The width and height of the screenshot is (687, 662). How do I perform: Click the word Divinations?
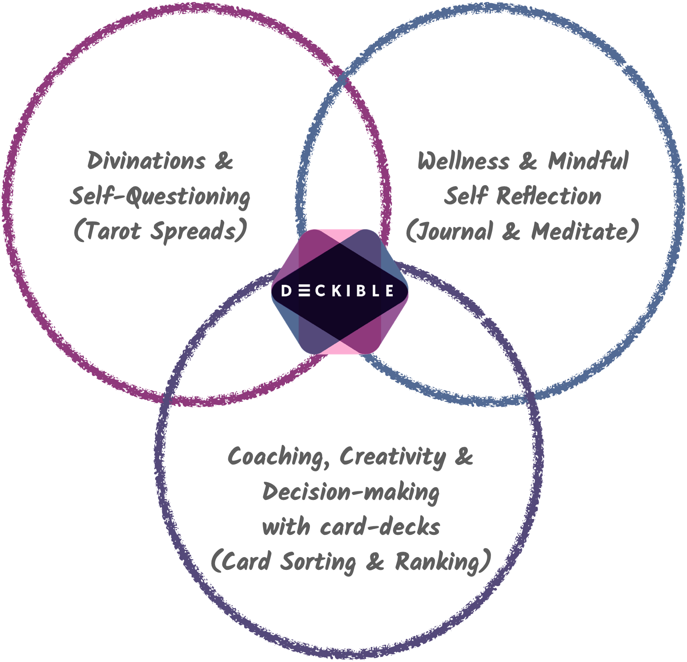[146, 161]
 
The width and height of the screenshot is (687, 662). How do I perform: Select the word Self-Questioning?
[160, 197]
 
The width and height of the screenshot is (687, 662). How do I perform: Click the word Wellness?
[463, 161]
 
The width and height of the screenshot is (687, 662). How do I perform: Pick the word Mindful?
[588, 161]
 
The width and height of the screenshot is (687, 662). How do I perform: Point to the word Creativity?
[393, 456]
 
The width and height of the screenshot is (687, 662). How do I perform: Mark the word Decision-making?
[351, 492]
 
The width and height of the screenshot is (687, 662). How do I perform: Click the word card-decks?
[380, 527]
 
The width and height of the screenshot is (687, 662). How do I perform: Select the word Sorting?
[318, 562]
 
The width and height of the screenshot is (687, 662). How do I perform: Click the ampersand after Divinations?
[224, 161]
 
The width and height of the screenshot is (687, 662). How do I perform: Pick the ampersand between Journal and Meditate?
[511, 232]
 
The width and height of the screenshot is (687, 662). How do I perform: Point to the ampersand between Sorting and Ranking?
[375, 562]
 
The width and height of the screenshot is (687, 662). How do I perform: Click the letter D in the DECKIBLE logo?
[286, 291]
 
